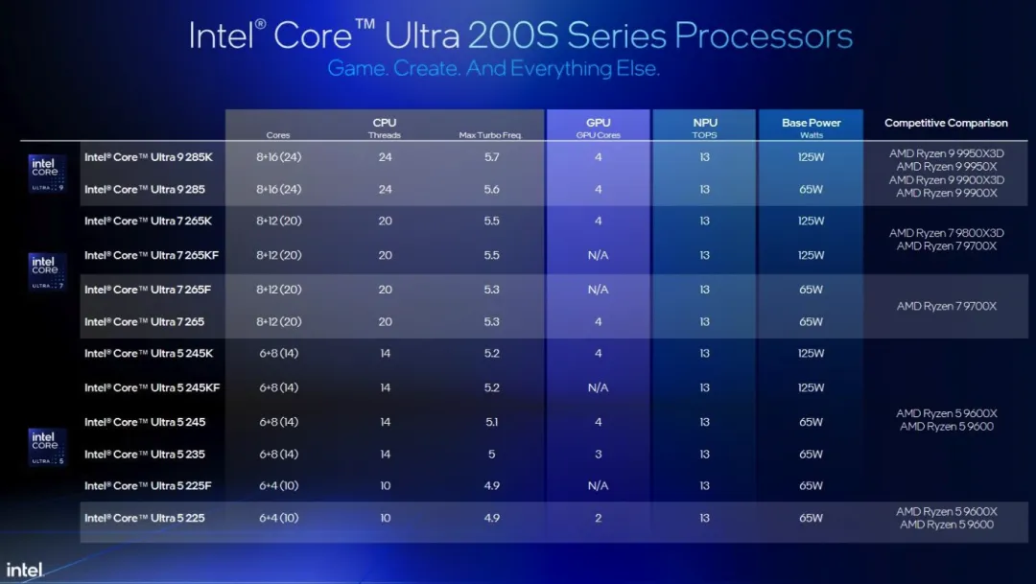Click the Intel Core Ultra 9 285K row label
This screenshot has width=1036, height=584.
tap(149, 157)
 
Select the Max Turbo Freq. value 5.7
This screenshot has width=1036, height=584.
tap(491, 157)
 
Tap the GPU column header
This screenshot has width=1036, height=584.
tap(598, 123)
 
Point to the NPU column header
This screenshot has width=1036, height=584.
tap(704, 123)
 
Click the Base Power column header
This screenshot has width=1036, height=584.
tap(811, 123)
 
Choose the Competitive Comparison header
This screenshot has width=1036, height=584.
tap(946, 123)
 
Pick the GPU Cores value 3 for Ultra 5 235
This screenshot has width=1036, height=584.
tap(598, 455)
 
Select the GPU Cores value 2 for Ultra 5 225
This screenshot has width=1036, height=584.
tap(598, 519)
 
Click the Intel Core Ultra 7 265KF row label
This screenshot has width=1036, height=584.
tap(153, 256)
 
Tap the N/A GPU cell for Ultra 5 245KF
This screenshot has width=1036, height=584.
tap(598, 388)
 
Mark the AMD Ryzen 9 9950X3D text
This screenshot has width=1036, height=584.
tap(946, 152)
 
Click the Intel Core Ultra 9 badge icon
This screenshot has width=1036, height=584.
tap(46, 172)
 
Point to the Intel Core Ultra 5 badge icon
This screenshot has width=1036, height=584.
tap(46, 446)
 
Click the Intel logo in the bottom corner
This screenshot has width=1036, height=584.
tap(25, 569)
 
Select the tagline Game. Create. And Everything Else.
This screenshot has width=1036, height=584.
tap(493, 69)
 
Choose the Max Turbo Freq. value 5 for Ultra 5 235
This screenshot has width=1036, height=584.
tap(491, 455)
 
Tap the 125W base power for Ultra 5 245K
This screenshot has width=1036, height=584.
tap(811, 354)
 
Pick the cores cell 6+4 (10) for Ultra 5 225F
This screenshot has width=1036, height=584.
tap(279, 486)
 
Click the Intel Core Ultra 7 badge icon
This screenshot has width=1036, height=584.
tap(46, 271)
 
